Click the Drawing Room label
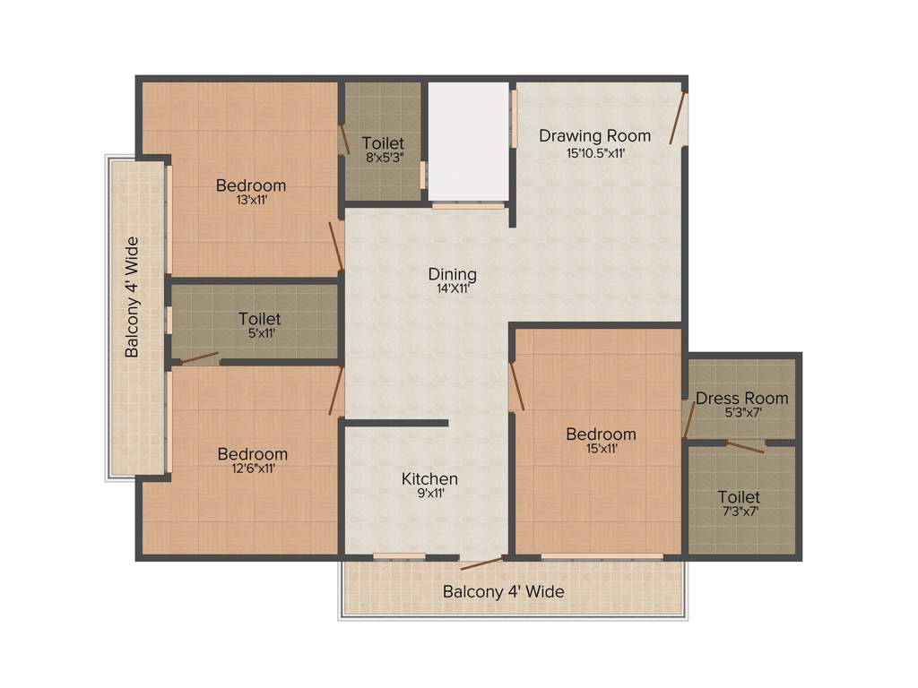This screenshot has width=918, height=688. click(x=594, y=136)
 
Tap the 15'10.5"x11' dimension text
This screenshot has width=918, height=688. click(x=594, y=153)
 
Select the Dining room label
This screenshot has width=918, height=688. click(x=452, y=274)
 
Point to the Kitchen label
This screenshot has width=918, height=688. click(x=429, y=479)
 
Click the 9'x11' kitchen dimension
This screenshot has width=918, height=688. click(x=429, y=494)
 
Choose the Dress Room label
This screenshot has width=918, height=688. click(x=742, y=398)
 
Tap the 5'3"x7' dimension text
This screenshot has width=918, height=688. click(x=742, y=413)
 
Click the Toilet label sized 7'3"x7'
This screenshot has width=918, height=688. click(x=739, y=497)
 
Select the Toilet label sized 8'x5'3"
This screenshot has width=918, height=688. click(x=383, y=143)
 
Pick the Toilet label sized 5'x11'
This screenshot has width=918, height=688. click(x=259, y=319)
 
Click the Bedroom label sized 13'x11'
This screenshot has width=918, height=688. click(x=251, y=185)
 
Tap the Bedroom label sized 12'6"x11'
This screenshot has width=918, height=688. click(x=253, y=454)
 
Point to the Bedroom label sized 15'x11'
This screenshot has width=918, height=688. click(x=601, y=434)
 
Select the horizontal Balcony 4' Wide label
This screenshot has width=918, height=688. click(x=503, y=592)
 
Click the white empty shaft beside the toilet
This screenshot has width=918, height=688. click(x=467, y=142)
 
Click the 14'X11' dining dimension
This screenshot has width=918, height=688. click(x=452, y=289)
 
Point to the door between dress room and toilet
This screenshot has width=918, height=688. click(x=745, y=446)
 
